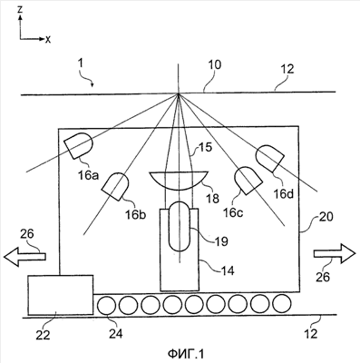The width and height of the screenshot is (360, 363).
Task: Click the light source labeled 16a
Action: coord(78,145)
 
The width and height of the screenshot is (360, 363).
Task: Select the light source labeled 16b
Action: coord(115,186)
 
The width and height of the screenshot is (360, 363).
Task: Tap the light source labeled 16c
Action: coord(248,181)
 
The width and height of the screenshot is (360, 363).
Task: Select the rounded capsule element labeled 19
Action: coord(180,226)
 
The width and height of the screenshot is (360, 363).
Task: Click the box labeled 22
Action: coord(61,295)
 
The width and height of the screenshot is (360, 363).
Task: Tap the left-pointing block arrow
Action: coord(24,257)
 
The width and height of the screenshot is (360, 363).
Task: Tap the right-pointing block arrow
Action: coord(335,253)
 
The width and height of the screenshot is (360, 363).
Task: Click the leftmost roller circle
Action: coord(107,305)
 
